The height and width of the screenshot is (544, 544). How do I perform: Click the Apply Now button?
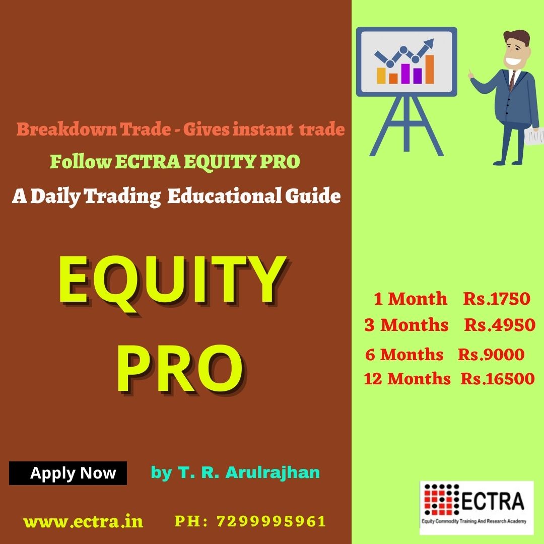68,473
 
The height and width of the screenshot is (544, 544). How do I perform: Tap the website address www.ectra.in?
83,521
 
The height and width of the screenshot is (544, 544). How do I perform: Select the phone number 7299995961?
271,521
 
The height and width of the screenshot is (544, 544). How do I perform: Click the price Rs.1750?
497,299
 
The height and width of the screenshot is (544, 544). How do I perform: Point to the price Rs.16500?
498,378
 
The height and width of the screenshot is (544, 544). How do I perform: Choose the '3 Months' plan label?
406,325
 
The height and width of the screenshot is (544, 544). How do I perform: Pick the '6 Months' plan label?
404,355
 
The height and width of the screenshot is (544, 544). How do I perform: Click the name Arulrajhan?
273,472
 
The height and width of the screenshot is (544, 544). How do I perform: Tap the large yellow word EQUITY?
173,282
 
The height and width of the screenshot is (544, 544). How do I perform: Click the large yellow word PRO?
180,368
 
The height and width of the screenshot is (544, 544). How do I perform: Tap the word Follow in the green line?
81,162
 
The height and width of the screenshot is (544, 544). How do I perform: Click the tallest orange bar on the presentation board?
430,70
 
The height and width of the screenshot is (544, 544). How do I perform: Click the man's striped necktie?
512,81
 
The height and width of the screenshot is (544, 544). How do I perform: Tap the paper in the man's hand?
533,137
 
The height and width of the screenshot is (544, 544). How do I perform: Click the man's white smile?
512,61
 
